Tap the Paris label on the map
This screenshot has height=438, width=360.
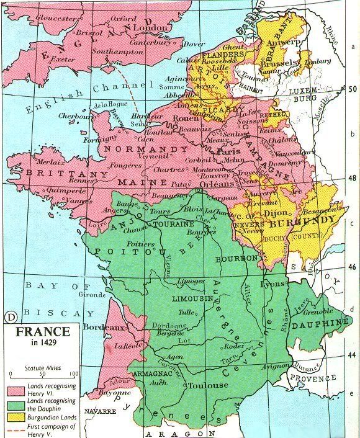(214, 150)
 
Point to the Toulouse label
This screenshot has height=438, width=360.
(211, 385)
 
